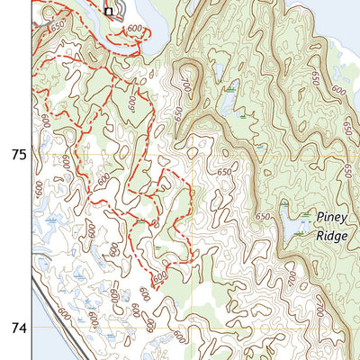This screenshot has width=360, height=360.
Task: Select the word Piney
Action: click(330, 217)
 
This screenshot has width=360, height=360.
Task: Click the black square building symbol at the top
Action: click(109, 12)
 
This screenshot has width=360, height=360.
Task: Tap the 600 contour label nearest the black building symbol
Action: click(135, 30)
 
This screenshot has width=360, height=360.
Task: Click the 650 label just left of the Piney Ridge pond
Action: click(263, 217)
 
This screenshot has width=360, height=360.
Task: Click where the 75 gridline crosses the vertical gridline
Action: click(193, 155)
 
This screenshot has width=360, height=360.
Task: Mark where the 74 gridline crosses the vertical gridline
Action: click(193, 329)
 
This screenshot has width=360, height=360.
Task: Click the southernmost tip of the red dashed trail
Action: click(153, 290)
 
